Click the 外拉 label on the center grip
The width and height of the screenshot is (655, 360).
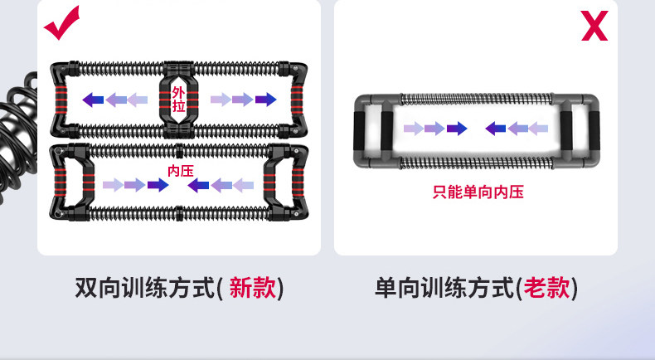tap(179, 100)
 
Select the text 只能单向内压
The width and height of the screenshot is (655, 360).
tap(478, 192)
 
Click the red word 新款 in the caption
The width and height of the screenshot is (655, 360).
tap(252, 288)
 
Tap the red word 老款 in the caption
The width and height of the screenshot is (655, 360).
tap(546, 288)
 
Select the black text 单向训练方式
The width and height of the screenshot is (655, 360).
tap(444, 288)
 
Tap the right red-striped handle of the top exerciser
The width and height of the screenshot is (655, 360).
tap(295, 100)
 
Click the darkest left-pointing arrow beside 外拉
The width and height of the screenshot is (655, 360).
tap(93, 100)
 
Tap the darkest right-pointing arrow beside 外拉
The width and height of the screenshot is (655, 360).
tap(265, 100)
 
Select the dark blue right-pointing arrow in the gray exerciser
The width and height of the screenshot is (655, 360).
tap(456, 129)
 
